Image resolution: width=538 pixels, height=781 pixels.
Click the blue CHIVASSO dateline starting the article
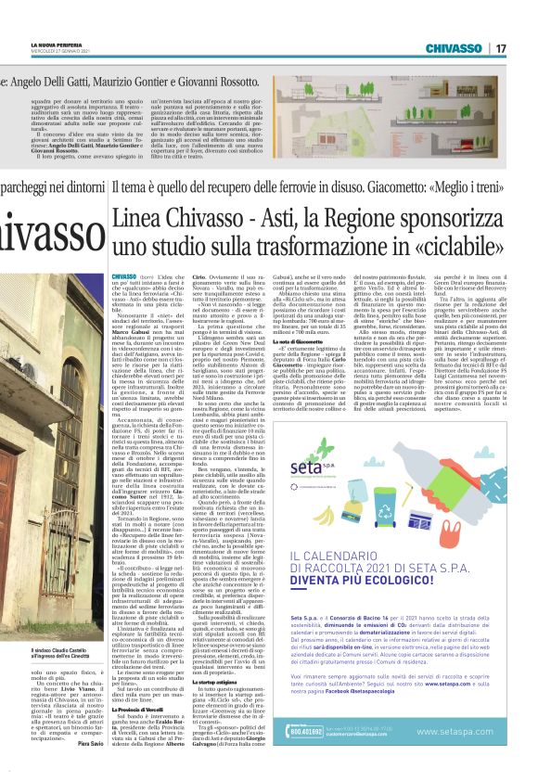pos(122,277)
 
